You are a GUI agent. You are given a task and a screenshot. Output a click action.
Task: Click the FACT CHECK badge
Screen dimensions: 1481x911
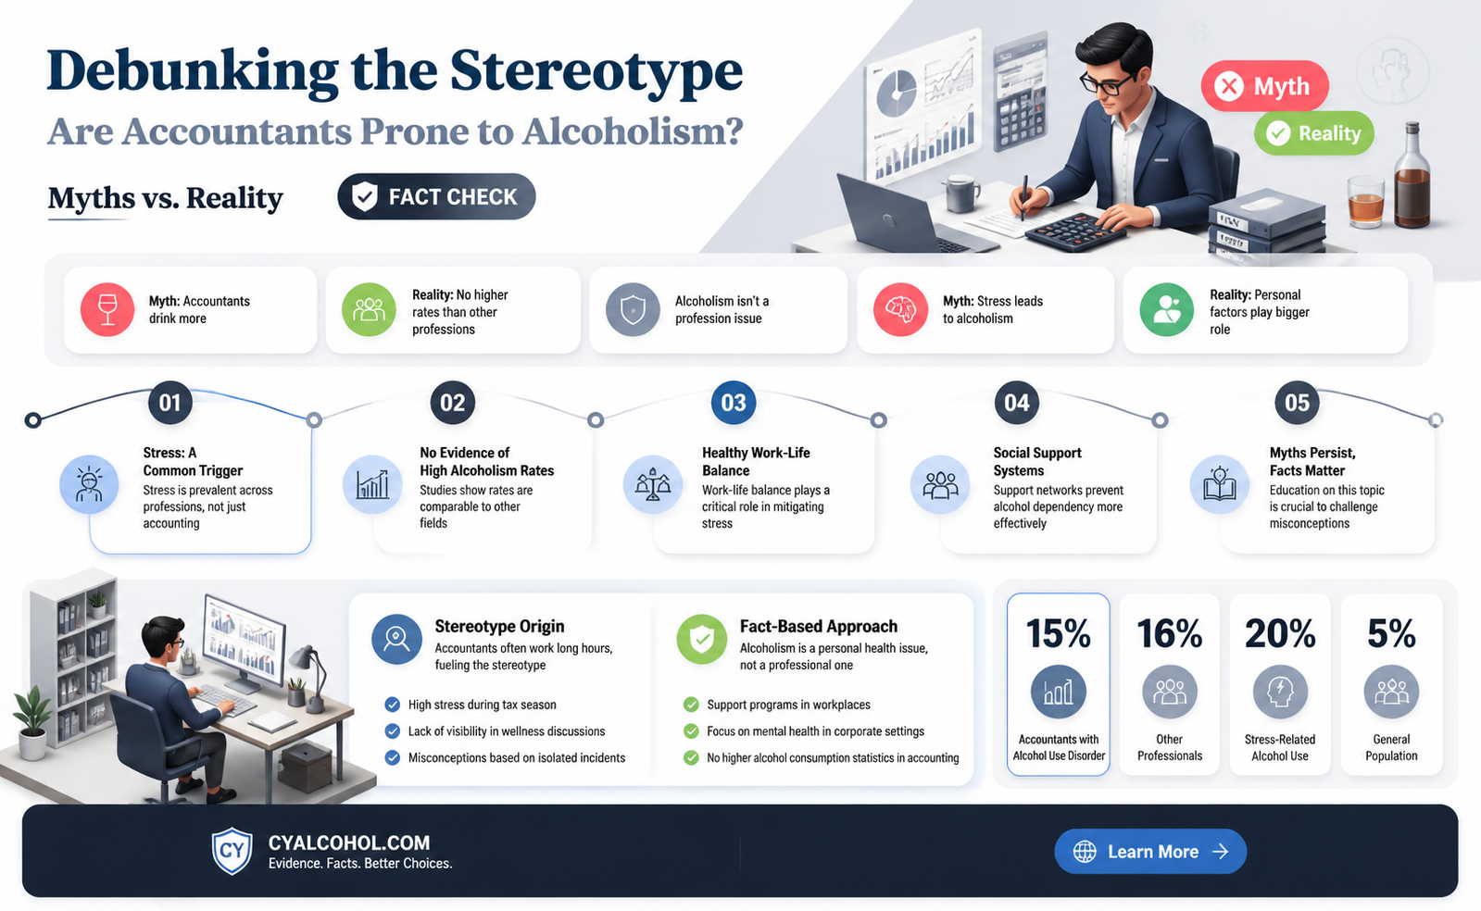[436, 196]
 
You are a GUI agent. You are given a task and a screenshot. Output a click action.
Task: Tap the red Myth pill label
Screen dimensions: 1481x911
[1265, 86]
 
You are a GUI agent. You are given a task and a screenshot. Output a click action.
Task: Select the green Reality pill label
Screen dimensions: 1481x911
[1313, 133]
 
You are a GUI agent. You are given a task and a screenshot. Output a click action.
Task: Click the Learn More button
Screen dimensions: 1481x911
[1150, 852]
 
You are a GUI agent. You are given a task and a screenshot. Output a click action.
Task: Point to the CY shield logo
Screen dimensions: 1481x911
[232, 851]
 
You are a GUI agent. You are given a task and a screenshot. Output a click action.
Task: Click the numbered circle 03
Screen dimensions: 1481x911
[734, 403]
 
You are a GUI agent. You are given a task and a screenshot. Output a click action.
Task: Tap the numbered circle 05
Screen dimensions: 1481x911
[1297, 403]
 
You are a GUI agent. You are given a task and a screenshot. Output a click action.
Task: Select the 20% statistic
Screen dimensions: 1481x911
[1280, 633]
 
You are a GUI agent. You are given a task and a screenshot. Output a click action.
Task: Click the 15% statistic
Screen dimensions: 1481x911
[1058, 633]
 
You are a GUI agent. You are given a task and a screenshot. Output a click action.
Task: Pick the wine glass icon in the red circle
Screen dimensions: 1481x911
[107, 309]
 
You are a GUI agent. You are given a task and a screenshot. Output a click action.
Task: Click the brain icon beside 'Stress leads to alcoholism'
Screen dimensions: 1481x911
[900, 309]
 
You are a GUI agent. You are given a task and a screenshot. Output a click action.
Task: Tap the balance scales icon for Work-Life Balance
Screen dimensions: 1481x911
[653, 484]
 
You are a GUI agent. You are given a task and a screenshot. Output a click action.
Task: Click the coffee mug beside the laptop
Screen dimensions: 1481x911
[961, 193]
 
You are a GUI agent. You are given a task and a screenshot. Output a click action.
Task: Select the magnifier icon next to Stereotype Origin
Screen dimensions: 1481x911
[396, 640]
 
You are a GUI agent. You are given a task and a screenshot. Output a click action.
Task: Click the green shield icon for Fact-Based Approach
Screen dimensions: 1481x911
[701, 640]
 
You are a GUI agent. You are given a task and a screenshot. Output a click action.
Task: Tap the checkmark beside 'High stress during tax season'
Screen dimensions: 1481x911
[392, 705]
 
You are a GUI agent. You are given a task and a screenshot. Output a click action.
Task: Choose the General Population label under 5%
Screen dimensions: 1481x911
[1391, 748]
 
